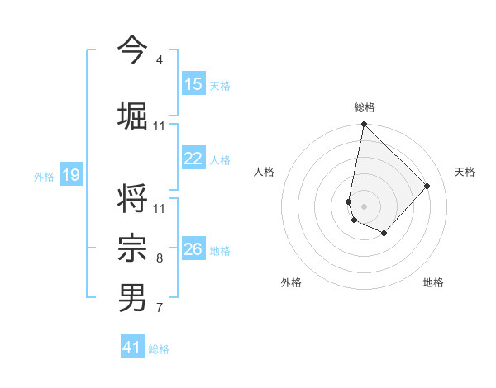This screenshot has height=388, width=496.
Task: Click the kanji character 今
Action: (x=133, y=49)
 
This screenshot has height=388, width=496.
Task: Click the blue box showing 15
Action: (x=193, y=84)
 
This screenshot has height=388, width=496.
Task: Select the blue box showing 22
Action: (x=193, y=159)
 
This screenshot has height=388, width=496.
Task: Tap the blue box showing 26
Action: (x=193, y=250)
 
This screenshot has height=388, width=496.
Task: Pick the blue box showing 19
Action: (x=71, y=175)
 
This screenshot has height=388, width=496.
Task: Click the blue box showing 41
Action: (x=132, y=348)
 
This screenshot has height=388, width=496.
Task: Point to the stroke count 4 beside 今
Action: (x=160, y=60)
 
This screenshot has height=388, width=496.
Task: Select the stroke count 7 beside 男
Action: (x=160, y=308)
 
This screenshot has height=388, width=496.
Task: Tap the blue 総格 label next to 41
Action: (x=159, y=349)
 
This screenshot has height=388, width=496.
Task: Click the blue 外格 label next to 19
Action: (x=44, y=177)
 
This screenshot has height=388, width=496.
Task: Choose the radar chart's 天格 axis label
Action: (x=465, y=172)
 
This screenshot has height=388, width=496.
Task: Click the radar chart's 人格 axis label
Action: (x=264, y=172)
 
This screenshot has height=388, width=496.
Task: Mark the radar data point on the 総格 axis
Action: (x=364, y=125)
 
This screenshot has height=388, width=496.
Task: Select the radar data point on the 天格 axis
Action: (x=427, y=186)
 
